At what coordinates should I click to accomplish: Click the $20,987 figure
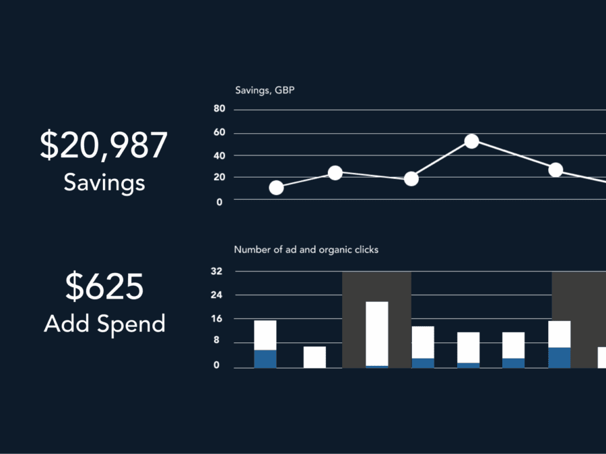pyautogui.click(x=103, y=146)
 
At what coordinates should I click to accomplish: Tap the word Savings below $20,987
pyautogui.click(x=104, y=182)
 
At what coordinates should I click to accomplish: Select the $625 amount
pyautogui.click(x=104, y=287)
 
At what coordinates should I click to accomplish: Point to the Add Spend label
pyautogui.click(x=104, y=324)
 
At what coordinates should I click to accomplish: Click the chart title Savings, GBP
pyautogui.click(x=265, y=90)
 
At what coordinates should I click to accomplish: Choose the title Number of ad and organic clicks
pyautogui.click(x=306, y=250)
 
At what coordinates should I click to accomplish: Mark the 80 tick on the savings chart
pyautogui.click(x=220, y=109)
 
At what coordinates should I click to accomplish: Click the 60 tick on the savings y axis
pyautogui.click(x=220, y=133)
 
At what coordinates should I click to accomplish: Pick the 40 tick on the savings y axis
pyautogui.click(x=220, y=155)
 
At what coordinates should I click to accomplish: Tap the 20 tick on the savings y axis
pyautogui.click(x=220, y=178)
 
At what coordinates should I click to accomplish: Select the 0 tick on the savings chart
pyautogui.click(x=220, y=200)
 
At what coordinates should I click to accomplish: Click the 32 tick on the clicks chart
pyautogui.click(x=218, y=272)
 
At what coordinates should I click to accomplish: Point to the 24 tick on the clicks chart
pyautogui.click(x=218, y=295)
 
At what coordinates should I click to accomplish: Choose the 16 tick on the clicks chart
pyautogui.click(x=218, y=318)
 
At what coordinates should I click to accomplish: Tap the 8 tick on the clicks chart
pyautogui.click(x=218, y=342)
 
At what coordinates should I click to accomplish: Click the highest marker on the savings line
pyautogui.click(x=471, y=141)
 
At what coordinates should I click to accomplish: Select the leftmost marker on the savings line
pyautogui.click(x=276, y=188)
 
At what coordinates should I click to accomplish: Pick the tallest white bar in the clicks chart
pyautogui.click(x=377, y=333)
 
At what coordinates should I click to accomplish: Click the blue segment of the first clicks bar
pyautogui.click(x=265, y=358)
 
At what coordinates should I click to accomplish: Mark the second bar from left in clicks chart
pyautogui.click(x=314, y=357)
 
